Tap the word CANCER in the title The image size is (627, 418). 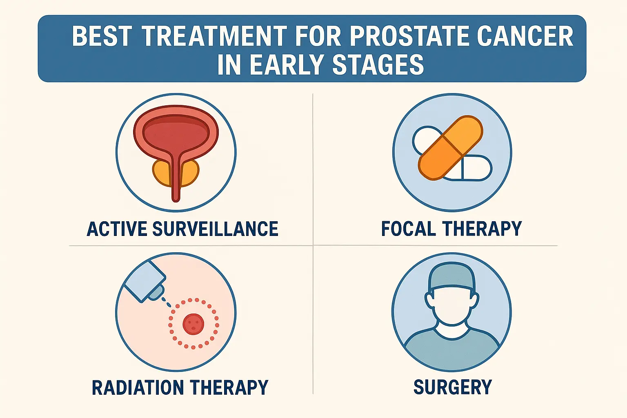click(525, 37)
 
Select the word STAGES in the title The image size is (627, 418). click(378, 65)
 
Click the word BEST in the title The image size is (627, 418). click(102, 37)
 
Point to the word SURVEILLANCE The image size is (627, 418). click(215, 229)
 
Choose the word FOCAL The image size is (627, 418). click(408, 229)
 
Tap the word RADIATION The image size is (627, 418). click(138, 387)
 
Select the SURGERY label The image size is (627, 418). click(453, 387)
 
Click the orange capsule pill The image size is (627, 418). click(450, 148)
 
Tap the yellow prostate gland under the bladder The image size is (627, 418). click(161, 172)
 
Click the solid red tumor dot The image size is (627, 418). click(193, 324)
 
